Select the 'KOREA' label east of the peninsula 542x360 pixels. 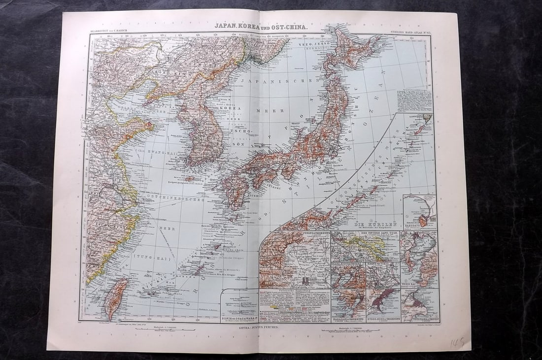[234, 107]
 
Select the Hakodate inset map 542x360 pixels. [419, 212]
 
